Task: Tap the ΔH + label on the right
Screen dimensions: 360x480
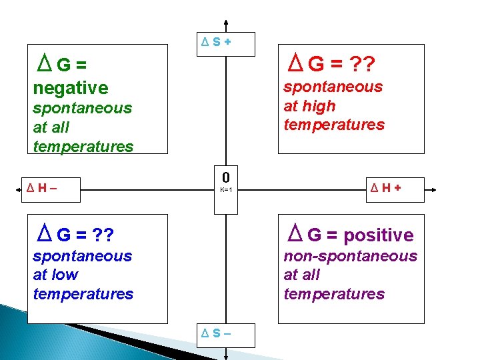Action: (387, 189)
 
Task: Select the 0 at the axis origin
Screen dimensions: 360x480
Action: (226, 177)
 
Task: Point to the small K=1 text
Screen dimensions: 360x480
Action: (226, 190)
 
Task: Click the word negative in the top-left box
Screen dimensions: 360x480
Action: (70, 88)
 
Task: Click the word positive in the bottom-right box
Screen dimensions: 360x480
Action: (379, 235)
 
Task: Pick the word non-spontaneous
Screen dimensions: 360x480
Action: (350, 256)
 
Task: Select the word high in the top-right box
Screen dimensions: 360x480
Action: (319, 106)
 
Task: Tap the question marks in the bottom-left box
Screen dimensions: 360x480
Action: (103, 235)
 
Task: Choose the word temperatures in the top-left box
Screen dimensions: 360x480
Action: (83, 147)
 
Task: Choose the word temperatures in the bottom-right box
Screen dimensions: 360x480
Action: (334, 294)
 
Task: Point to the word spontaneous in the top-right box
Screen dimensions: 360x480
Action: (333, 87)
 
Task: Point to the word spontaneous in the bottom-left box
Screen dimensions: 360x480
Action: (82, 256)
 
